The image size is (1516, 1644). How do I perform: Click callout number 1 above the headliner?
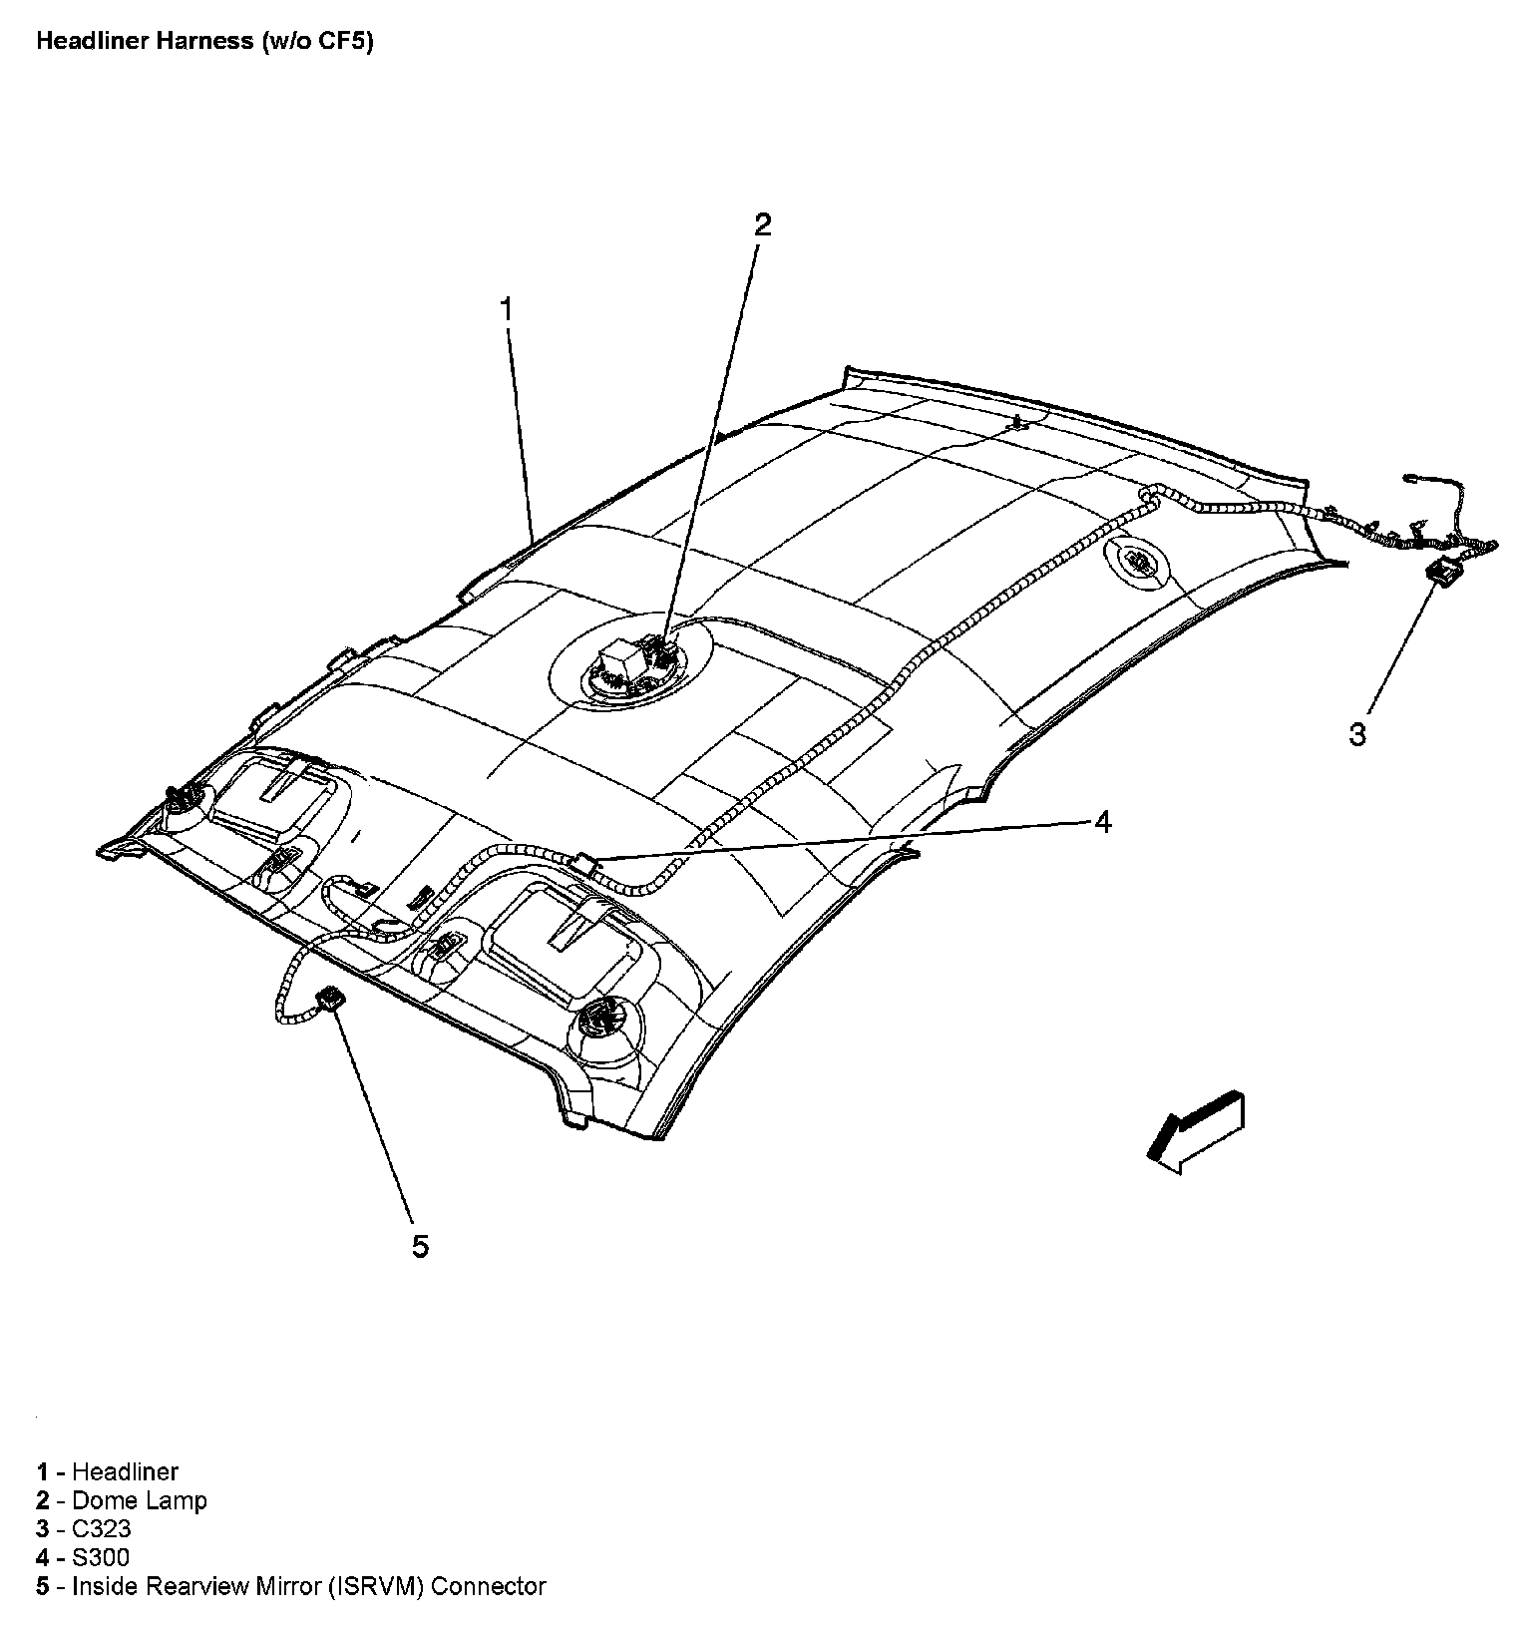point(507,309)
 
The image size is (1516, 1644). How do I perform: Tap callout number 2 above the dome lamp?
point(762,224)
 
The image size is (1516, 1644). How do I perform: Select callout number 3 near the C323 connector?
point(1357,735)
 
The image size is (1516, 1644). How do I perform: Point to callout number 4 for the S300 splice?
point(1102,822)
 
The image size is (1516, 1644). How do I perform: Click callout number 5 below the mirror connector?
point(420,1246)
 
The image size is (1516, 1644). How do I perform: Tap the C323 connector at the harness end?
point(1441,572)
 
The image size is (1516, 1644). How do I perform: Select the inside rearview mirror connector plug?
point(330,996)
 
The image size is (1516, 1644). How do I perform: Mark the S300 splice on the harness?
point(587,862)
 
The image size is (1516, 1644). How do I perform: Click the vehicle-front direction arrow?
point(1195,1131)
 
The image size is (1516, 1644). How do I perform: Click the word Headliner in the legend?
point(126,1471)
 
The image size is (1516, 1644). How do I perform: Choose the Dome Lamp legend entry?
point(140,1500)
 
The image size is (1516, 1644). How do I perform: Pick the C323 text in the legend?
point(102,1529)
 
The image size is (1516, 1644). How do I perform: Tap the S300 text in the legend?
point(101,1557)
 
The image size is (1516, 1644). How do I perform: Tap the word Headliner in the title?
point(85,42)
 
